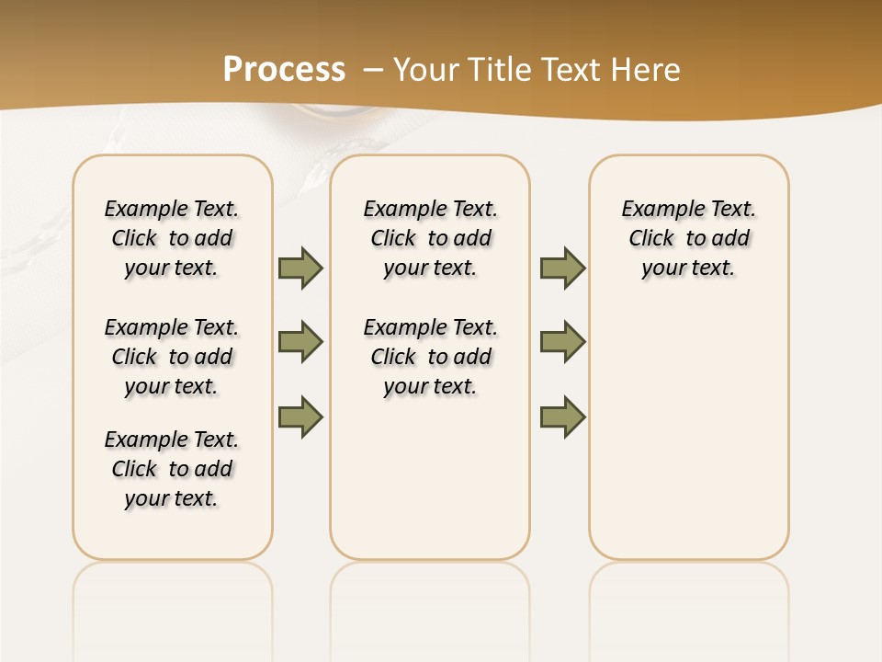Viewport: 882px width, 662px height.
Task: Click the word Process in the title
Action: click(x=284, y=70)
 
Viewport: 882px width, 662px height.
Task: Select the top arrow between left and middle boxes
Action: click(x=300, y=268)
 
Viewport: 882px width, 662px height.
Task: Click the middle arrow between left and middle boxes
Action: click(x=300, y=342)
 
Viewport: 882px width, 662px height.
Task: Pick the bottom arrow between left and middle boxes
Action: click(x=300, y=417)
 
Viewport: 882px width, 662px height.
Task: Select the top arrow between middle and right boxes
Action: click(x=562, y=268)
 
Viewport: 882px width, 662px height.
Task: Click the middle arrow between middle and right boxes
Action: click(x=562, y=342)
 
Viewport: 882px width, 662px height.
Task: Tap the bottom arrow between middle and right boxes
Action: click(x=562, y=417)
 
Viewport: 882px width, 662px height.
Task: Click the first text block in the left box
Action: click(x=172, y=238)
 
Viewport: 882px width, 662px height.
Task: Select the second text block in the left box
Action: click(x=172, y=357)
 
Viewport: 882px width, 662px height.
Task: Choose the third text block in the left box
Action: click(x=172, y=469)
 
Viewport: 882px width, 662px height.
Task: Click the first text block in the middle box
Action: click(x=430, y=238)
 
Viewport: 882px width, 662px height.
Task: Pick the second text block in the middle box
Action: click(x=430, y=357)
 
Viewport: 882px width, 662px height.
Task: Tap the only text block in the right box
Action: click(x=688, y=238)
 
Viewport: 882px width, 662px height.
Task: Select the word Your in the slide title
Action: click(x=426, y=70)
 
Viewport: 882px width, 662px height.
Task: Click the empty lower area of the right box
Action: click(x=688, y=432)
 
